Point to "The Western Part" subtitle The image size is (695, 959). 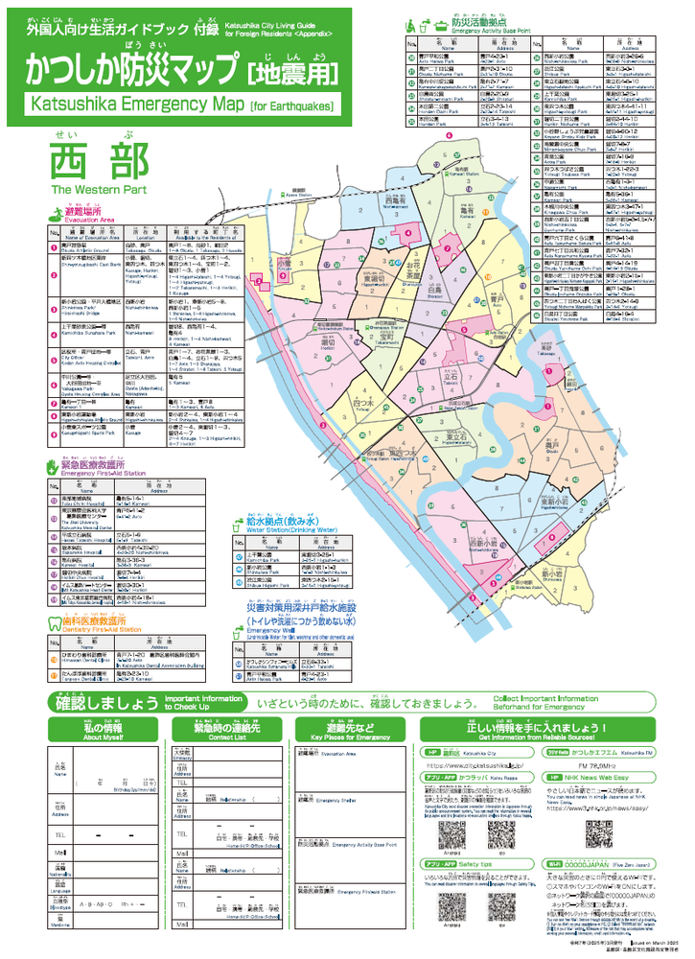(88, 190)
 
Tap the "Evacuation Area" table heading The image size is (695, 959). (89, 220)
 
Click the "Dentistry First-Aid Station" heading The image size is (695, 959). (103, 630)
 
